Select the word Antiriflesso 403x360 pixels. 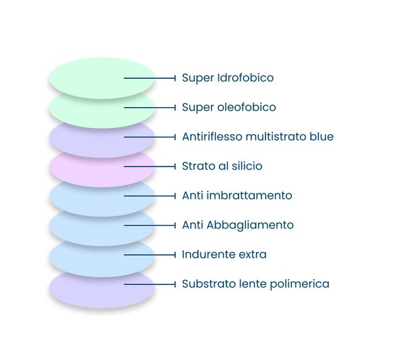[212, 137]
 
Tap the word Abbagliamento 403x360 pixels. [250, 226]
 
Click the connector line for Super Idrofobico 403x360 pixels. [150, 78]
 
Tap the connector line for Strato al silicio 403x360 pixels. [150, 167]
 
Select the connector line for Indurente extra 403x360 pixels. [150, 255]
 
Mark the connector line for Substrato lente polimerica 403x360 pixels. [150, 284]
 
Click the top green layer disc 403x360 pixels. [102, 78]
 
